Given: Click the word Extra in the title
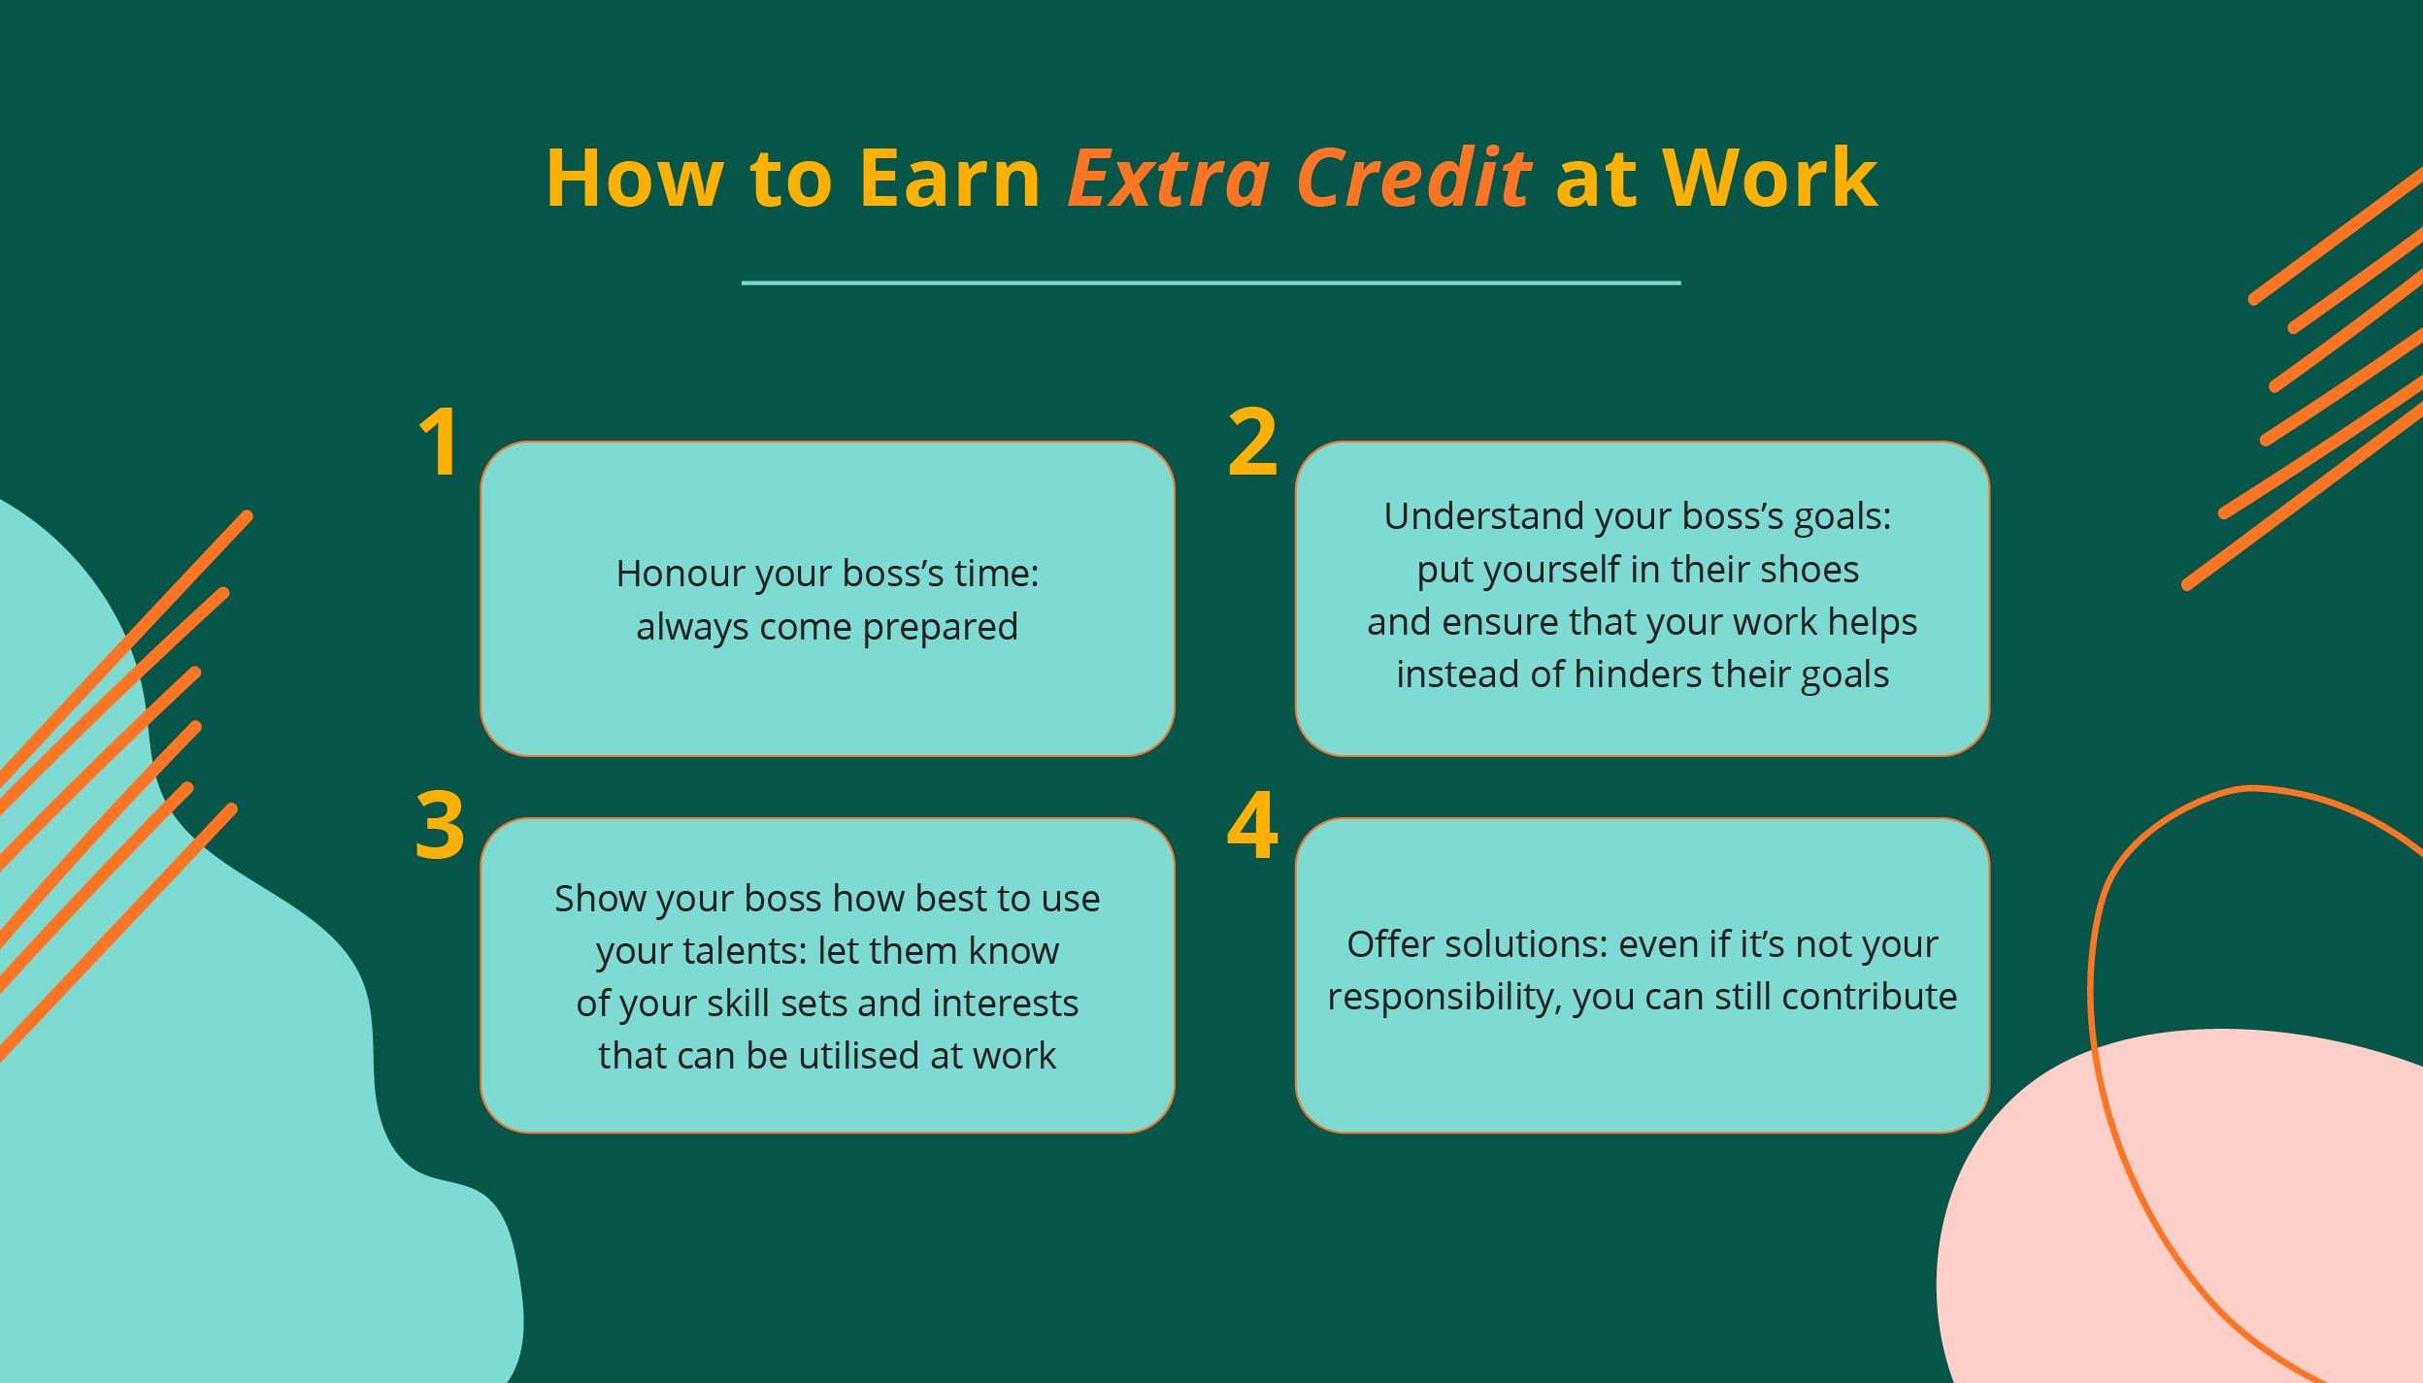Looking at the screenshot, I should pyautogui.click(x=1169, y=180).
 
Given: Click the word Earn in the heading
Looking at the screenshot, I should pyautogui.click(x=949, y=180).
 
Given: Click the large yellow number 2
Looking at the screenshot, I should pyautogui.click(x=1252, y=443).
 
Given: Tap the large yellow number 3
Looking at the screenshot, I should pyautogui.click(x=440, y=826).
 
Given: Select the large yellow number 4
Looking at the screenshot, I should pyautogui.click(x=1252, y=826).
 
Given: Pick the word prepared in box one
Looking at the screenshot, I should pyautogui.click(x=940, y=627).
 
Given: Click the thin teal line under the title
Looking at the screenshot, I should pyautogui.click(x=1211, y=283).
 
